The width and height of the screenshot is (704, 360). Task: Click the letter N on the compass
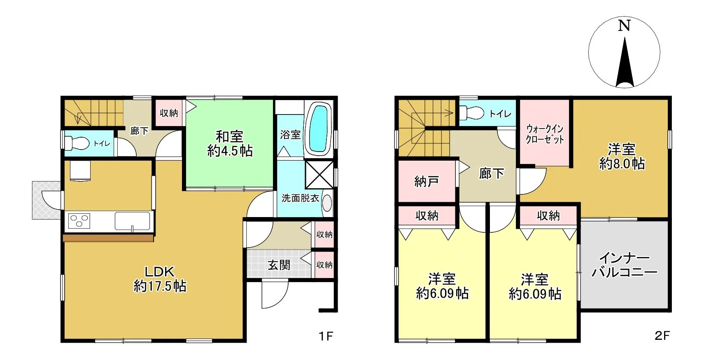pos(624,26)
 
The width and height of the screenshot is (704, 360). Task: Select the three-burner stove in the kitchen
pos(79,220)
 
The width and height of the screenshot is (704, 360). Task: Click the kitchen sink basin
pos(132,221)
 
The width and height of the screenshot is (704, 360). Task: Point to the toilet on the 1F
pos(77,143)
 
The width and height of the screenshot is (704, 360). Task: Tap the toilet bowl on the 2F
pos(471,113)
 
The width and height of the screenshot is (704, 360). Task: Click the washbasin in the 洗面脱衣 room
pos(327,203)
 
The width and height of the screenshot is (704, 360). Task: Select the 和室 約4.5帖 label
pos(230,144)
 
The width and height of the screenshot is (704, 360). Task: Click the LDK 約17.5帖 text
pos(160,279)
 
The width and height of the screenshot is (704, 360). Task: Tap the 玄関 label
pos(279,265)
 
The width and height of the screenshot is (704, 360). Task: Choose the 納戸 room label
pos(426,181)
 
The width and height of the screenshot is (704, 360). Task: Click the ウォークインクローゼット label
pos(545,134)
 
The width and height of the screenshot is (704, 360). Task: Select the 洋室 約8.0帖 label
pos(622,156)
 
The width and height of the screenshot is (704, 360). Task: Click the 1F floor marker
pos(326,336)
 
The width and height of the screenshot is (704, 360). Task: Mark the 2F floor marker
pos(662,335)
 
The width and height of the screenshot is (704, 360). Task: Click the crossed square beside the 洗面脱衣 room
pos(319,175)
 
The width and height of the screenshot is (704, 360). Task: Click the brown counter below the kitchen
pos(108,238)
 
